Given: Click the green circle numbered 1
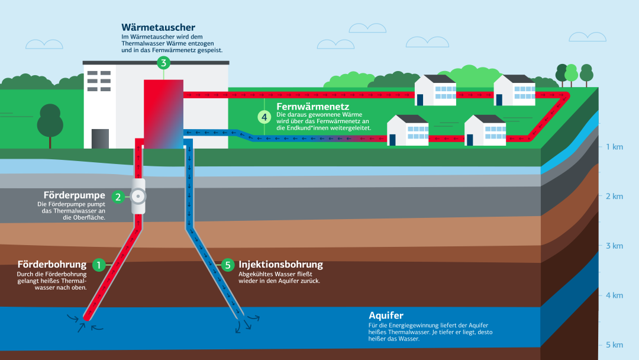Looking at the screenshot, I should click(x=99, y=265).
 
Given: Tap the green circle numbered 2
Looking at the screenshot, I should click(x=118, y=197).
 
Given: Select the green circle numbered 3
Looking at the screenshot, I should click(x=163, y=62).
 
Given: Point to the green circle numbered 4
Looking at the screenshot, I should click(x=264, y=117).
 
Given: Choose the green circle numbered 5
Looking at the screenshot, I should click(x=228, y=265).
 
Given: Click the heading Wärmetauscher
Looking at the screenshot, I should click(x=158, y=27).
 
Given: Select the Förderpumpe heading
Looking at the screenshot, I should click(x=75, y=195).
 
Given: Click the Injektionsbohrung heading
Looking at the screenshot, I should click(x=280, y=264).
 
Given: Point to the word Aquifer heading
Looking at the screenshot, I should click(x=386, y=316).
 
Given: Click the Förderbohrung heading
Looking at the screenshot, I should click(x=52, y=264).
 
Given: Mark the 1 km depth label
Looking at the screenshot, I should click(x=614, y=147).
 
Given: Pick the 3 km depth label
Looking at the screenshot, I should click(x=614, y=246).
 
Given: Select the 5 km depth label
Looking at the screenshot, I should click(x=614, y=345).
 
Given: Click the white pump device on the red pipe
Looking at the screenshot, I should click(x=138, y=197).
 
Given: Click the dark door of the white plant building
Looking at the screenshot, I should click(x=100, y=138).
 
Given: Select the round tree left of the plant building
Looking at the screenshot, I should click(x=50, y=123).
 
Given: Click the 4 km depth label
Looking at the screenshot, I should click(x=614, y=295).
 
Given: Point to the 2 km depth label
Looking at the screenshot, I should click(x=614, y=196).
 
